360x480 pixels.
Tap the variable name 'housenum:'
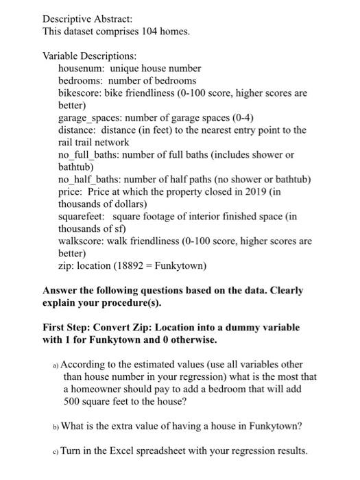(82, 69)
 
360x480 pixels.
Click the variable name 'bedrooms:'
(81, 81)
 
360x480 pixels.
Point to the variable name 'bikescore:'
(81, 93)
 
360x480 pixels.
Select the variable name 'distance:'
(78, 130)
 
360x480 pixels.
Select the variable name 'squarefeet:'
(82, 217)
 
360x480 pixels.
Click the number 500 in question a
(73, 402)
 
